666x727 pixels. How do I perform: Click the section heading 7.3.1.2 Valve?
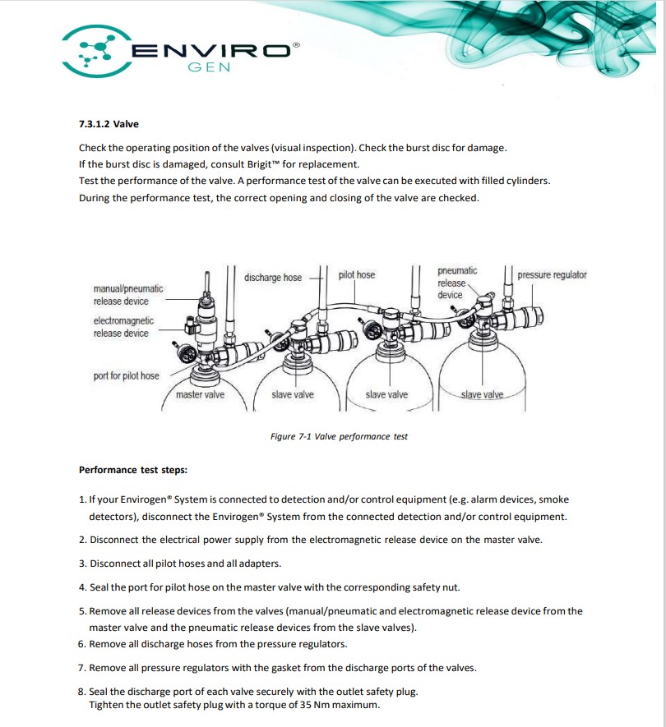(109, 124)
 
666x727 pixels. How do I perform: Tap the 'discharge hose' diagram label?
(273, 278)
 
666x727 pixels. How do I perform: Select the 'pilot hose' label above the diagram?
(356, 275)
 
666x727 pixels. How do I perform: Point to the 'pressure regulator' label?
(552, 275)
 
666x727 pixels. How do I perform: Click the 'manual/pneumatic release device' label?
(127, 295)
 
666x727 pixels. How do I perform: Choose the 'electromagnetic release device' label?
(123, 327)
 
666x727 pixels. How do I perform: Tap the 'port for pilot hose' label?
(126, 375)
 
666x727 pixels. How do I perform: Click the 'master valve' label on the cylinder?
(200, 395)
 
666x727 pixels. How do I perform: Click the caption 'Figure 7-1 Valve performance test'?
(339, 436)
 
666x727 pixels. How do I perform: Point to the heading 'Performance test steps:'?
(132, 471)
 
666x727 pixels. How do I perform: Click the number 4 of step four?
(82, 587)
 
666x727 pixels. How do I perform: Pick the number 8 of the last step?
(82, 691)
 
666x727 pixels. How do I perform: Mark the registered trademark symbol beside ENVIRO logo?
(297, 46)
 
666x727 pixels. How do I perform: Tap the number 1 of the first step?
(82, 499)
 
